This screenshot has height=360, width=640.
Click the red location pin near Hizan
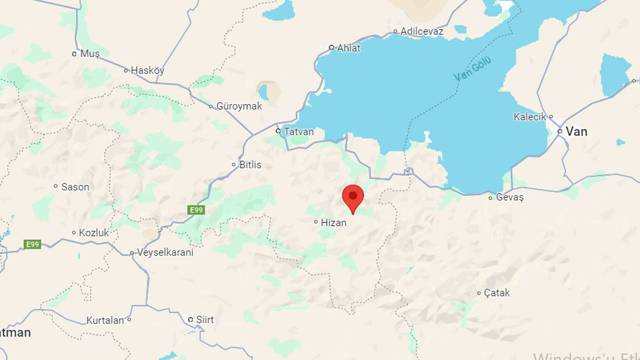353,197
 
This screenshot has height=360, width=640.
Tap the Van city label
577,131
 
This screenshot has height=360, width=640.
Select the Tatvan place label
299,131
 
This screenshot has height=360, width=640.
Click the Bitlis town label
250,165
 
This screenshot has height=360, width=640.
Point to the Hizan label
333,223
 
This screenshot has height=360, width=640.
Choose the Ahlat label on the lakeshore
349,48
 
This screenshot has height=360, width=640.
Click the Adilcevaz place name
422,31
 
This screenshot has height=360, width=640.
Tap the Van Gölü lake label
473,69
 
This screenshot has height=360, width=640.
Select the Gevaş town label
510,197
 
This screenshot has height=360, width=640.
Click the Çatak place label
497,293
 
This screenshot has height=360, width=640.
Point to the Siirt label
205,319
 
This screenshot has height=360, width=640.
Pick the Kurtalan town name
105,321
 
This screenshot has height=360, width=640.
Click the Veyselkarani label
165,253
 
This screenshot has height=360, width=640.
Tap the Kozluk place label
94,233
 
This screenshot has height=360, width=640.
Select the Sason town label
75,187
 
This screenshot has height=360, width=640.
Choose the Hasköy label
148,70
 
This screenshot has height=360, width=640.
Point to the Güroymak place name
239,106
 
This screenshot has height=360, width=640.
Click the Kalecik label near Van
530,117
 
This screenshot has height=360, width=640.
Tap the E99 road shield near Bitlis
196,210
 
